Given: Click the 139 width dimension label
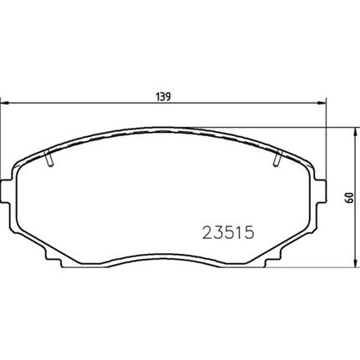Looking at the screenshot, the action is (163, 97).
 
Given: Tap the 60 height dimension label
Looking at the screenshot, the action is (350, 197).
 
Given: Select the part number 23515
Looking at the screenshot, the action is (228, 232).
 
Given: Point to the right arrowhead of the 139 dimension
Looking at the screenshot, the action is (322, 104).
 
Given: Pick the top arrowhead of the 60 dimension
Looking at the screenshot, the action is (355, 132).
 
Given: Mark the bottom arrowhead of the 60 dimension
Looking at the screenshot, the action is (355, 263).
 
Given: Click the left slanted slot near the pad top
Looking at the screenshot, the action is (48, 158).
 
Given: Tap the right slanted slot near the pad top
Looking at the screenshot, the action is (278, 158).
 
